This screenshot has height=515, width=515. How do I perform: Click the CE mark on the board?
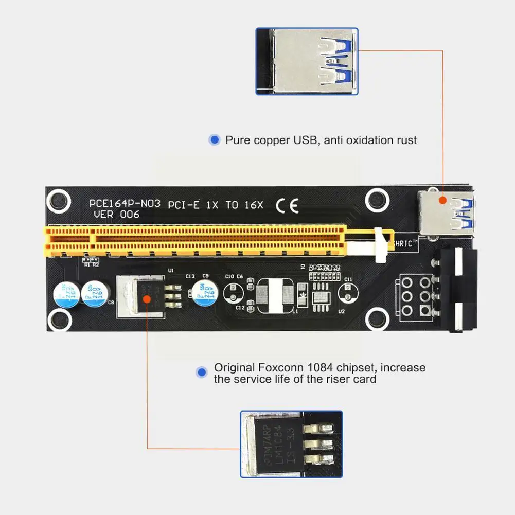(x=287, y=206)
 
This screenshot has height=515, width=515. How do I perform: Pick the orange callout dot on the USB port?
(x=442, y=200)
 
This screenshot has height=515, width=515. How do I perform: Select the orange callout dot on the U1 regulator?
(x=147, y=298)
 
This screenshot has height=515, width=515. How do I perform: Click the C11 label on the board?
(x=348, y=279)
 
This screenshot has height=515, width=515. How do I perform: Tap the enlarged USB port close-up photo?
(x=307, y=61)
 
